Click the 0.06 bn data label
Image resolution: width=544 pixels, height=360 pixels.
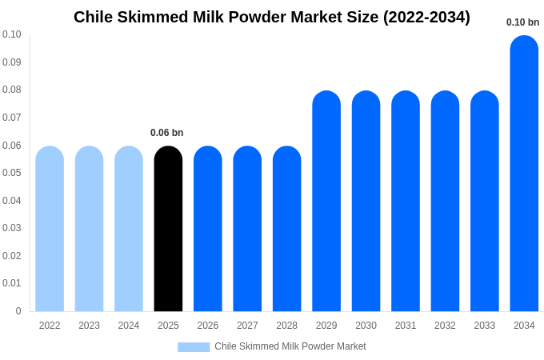coord(166,133)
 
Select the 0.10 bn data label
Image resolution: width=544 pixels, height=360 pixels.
coord(522,22)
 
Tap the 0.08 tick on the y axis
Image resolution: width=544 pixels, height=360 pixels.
coord(12,90)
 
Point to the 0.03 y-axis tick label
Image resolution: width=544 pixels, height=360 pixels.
coord(12,228)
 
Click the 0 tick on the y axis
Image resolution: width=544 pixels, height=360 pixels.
coord(18,311)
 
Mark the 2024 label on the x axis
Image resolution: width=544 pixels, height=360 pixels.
coord(129,326)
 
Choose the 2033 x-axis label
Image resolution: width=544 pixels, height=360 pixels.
coord(485,326)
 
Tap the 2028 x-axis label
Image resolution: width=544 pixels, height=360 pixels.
coord(286,326)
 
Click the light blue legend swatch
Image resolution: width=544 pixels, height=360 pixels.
coord(194,347)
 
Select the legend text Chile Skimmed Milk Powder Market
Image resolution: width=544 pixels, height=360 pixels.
coord(290,346)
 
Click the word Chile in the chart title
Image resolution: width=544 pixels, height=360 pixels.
coord(94,17)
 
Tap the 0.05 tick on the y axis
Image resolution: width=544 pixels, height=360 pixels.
coord(12,173)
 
